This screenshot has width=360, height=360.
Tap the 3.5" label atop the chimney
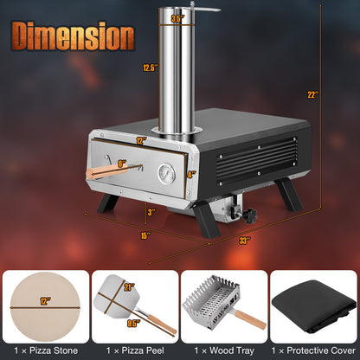[x=177, y=16]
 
